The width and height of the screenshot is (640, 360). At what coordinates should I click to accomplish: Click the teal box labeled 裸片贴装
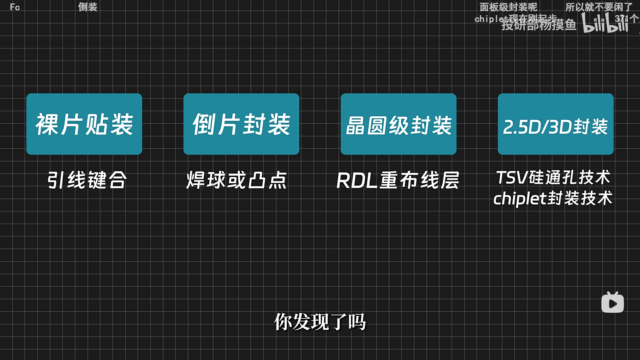pos(84,124)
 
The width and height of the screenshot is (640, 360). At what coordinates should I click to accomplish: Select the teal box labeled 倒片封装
pos(241,124)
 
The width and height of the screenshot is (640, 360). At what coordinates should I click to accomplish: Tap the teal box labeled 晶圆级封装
pos(398,124)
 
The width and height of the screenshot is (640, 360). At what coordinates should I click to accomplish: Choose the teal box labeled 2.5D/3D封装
pos(555,124)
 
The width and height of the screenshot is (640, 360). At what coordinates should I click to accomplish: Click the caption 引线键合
pos(87,180)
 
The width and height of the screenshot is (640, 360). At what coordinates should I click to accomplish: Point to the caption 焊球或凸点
pos(236,180)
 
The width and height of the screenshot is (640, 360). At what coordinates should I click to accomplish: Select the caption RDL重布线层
pos(398,180)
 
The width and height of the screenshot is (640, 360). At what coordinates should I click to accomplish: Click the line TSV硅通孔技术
pos(553,177)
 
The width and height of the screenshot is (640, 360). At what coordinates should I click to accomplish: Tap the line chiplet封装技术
pos(553,199)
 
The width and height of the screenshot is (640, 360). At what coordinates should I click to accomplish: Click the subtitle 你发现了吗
pos(320,322)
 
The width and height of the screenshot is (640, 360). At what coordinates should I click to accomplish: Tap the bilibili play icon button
pos(612,303)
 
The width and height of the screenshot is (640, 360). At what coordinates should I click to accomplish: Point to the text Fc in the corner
pos(15,7)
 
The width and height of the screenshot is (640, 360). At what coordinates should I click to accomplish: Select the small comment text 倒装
pos(88,7)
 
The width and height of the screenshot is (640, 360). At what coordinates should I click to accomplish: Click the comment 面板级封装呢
pos(508,7)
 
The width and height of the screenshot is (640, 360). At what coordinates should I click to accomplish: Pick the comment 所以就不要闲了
pos(599,7)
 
